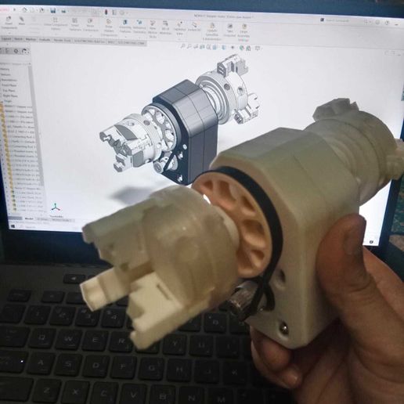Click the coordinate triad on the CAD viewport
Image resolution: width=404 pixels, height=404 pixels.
pyautogui.click(x=56, y=207)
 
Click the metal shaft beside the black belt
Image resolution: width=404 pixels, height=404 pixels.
pyautogui.click(x=243, y=297)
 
